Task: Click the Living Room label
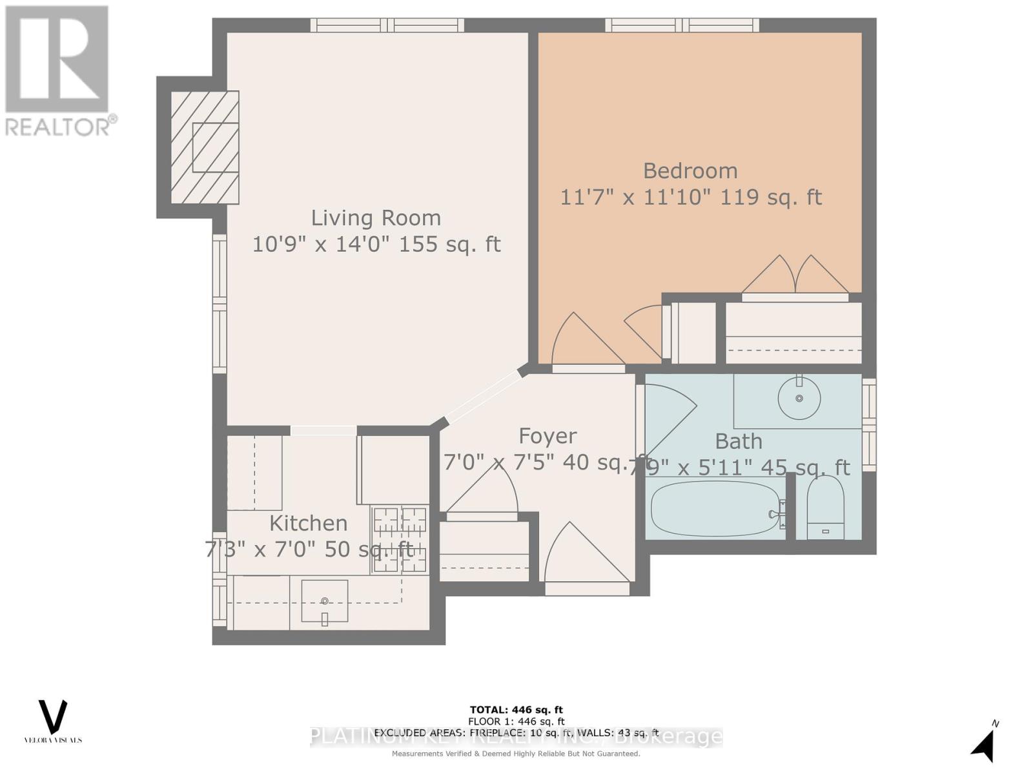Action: [x=376, y=218]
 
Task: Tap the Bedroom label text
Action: [x=690, y=170]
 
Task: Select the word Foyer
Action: [x=547, y=436]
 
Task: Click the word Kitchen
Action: [x=308, y=522]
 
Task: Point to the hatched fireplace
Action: [x=205, y=147]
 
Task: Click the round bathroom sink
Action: [x=799, y=398]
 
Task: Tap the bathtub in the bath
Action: [x=715, y=509]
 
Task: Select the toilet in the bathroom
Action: [x=825, y=508]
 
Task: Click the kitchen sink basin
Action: [x=325, y=601]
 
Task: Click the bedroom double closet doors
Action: [x=795, y=276]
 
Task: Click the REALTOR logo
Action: [x=58, y=71]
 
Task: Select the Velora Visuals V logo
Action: [x=53, y=717]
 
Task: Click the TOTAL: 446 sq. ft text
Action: [x=516, y=710]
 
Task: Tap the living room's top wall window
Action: [x=387, y=25]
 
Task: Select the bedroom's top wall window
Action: [x=682, y=25]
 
